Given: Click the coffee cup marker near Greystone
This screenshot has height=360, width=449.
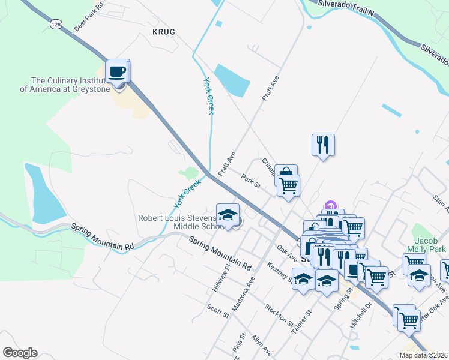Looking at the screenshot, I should [x=118, y=72].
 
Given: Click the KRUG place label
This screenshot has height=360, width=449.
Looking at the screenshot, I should [x=163, y=32].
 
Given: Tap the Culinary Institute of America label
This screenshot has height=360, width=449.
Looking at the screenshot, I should [x=71, y=85].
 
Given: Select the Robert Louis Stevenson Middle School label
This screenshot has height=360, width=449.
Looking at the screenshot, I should [x=179, y=221].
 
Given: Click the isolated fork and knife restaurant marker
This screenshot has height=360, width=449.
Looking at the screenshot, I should [x=323, y=145].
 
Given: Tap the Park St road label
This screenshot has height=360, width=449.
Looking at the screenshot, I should [x=250, y=181].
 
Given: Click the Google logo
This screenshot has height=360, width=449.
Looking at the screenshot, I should [x=20, y=353].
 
